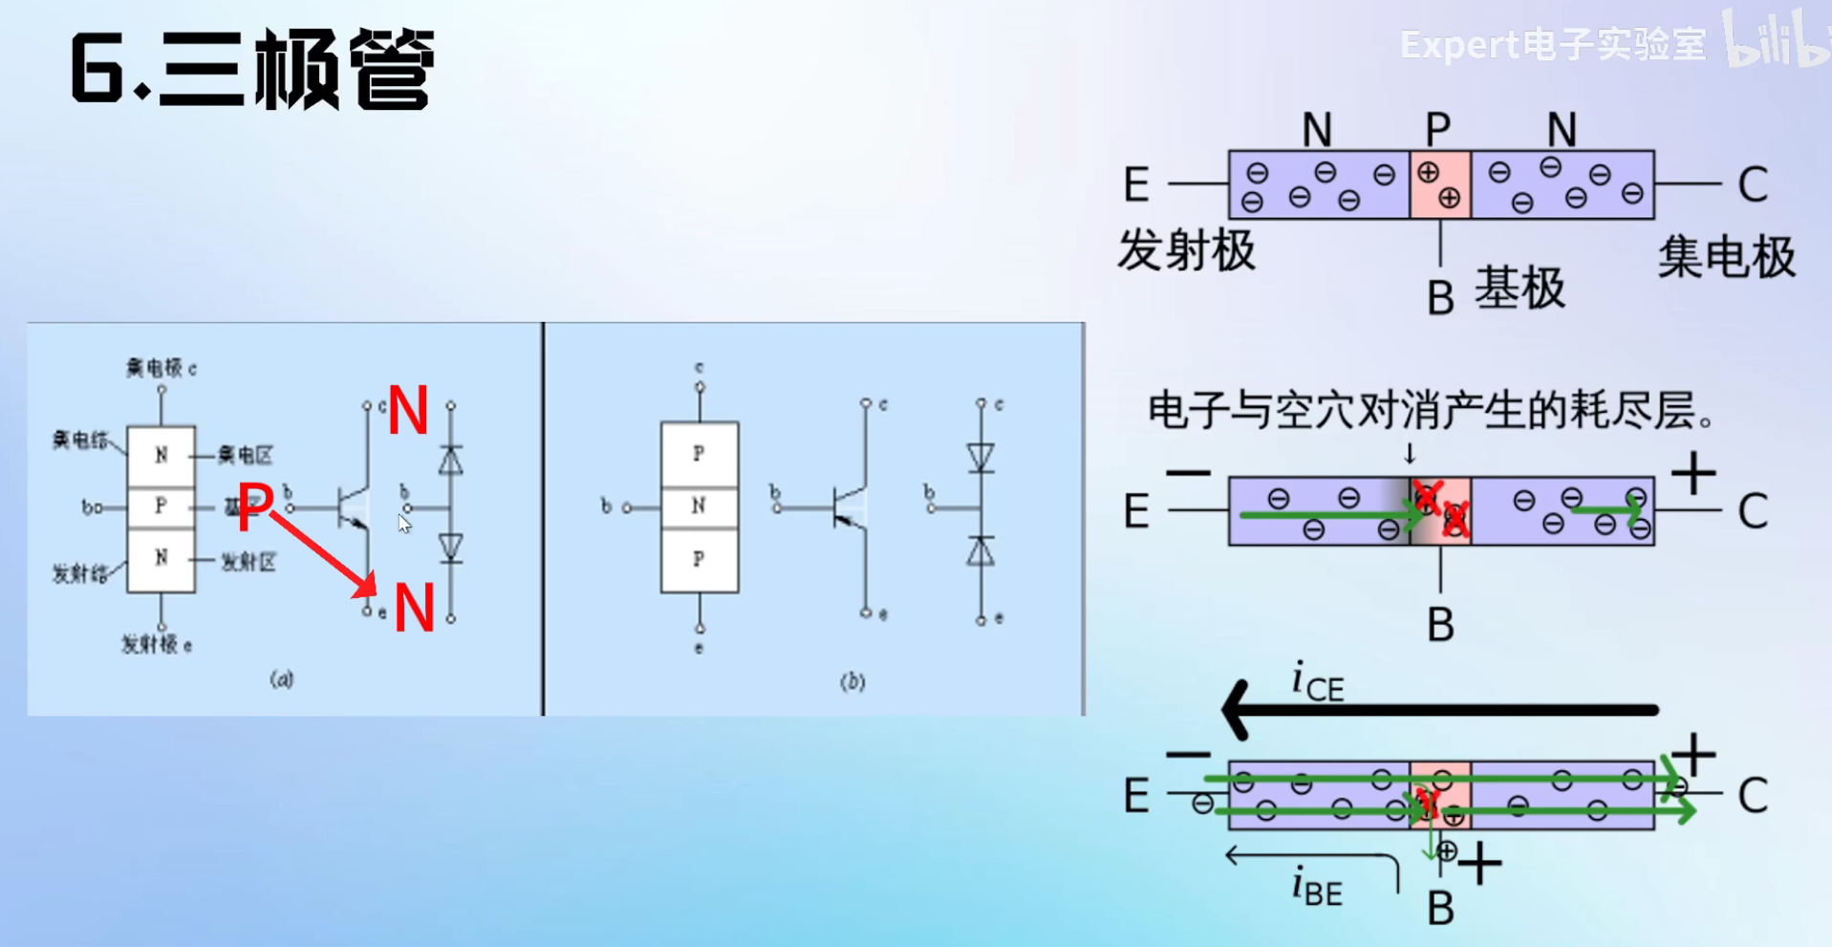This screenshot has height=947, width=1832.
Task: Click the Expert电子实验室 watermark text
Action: tap(1552, 45)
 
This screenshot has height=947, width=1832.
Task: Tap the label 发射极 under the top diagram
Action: tap(1186, 251)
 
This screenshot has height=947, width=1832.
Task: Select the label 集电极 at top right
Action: tap(1726, 257)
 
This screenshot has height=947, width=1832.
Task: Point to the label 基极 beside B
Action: tap(1519, 289)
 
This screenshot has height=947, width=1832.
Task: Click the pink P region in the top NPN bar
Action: tap(1440, 184)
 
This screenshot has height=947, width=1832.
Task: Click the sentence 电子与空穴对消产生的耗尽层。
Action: tap(1431, 411)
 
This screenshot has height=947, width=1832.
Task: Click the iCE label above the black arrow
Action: tap(1318, 682)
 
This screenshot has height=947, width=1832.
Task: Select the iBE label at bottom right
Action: tap(1317, 887)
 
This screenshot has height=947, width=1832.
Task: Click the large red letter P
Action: tap(255, 506)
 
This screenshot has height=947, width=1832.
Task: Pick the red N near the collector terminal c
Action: tap(408, 411)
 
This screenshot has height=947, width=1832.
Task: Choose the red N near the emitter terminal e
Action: tap(414, 608)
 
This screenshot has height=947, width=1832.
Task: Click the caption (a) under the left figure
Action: tap(281, 679)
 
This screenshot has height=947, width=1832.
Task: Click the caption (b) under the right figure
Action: tap(852, 681)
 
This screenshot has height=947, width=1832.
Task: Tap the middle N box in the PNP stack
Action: tap(699, 506)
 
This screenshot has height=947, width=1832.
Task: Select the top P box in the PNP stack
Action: tap(699, 453)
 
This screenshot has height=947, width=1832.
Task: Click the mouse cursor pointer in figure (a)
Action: tap(404, 523)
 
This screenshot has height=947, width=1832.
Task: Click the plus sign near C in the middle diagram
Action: tap(1693, 474)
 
